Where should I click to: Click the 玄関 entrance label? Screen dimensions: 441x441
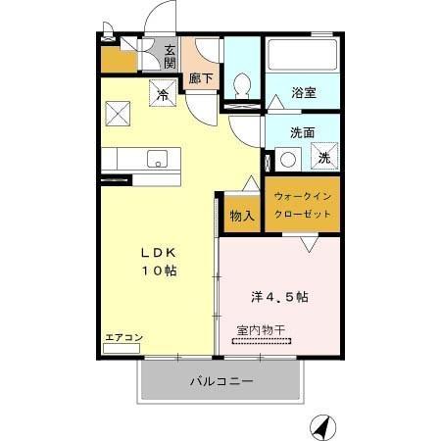tap(170, 58)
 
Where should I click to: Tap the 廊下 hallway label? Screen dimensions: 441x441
tap(201, 77)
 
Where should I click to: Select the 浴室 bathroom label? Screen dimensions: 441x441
tap(303, 94)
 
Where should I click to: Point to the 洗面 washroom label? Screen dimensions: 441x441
tap(303, 132)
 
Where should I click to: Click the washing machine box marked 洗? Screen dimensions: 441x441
tap(324, 157)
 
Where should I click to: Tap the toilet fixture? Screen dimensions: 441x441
tap(243, 86)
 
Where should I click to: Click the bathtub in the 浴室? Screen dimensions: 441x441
tap(302, 58)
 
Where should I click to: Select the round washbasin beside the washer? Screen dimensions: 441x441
tap(287, 158)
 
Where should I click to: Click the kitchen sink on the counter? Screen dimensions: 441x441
tap(158, 159)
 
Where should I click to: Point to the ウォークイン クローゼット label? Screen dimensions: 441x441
tap(303, 205)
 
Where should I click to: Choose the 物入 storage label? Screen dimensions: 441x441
tap(241, 216)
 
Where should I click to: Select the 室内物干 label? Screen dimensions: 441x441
tap(261, 331)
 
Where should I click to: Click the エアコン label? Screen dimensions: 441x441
tap(123, 338)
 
